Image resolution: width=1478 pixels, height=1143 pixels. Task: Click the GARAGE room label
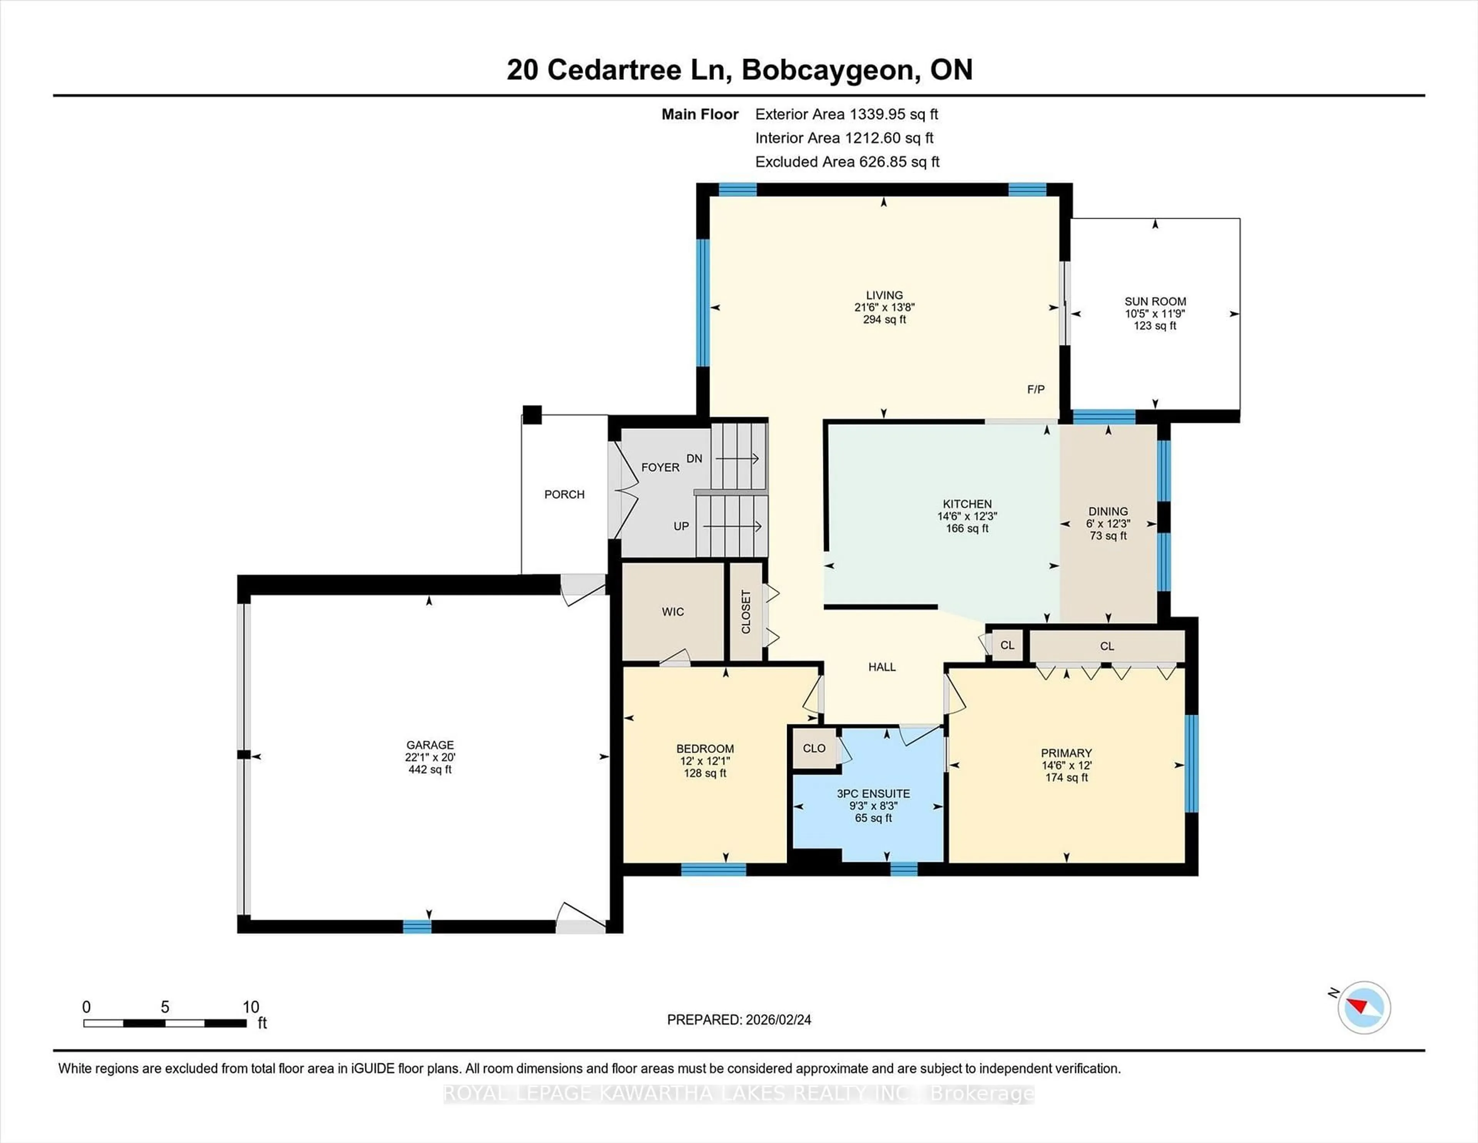tap(430, 745)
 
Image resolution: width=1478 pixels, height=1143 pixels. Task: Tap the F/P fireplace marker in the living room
tap(1035, 389)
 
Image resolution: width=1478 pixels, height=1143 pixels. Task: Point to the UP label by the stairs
tap(681, 526)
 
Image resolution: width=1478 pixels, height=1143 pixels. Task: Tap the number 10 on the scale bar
tap(251, 1007)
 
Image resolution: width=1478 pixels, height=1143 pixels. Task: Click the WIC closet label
tap(673, 612)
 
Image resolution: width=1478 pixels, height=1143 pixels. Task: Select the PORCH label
tap(564, 494)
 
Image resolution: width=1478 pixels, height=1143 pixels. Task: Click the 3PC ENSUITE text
tap(873, 794)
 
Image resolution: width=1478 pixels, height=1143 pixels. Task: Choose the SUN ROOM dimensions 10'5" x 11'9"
tap(1155, 313)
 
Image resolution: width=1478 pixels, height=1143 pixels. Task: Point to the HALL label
tap(882, 667)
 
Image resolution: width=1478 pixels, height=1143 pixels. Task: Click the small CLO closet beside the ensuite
tap(814, 748)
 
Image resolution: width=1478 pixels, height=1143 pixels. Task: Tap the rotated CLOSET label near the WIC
tap(746, 612)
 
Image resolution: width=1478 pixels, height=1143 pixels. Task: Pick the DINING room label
tap(1108, 511)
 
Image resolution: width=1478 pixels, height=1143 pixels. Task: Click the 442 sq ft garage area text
tap(430, 769)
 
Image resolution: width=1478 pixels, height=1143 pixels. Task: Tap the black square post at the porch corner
tap(532, 414)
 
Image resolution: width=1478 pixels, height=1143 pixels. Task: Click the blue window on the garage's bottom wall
tap(417, 927)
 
